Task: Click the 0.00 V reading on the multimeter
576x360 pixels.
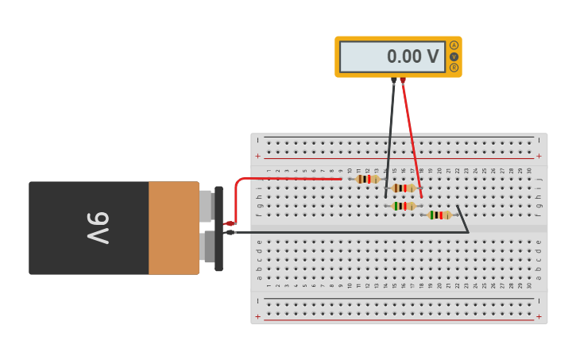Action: coord(412,56)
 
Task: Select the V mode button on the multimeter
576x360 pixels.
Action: coord(454,56)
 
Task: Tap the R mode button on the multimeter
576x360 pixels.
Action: coord(454,68)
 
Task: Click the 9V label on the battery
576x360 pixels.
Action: coord(97,228)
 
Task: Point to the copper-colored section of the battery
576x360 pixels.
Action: coord(173,228)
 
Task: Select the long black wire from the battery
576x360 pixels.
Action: coord(342,232)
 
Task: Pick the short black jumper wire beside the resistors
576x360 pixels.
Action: coord(462,219)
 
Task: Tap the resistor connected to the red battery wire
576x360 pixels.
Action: coord(366,179)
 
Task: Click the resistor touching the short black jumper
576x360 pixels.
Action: coord(439,215)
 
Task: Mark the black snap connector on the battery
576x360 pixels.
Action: coord(218,229)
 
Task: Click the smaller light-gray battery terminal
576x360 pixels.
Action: coord(205,206)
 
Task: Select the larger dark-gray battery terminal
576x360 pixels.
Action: coord(208,246)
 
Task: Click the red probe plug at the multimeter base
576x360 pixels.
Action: coord(403,80)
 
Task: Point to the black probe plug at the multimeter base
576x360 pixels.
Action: coord(393,80)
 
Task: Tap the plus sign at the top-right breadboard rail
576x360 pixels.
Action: coord(539,156)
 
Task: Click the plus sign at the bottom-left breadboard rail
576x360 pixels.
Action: coord(257,316)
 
